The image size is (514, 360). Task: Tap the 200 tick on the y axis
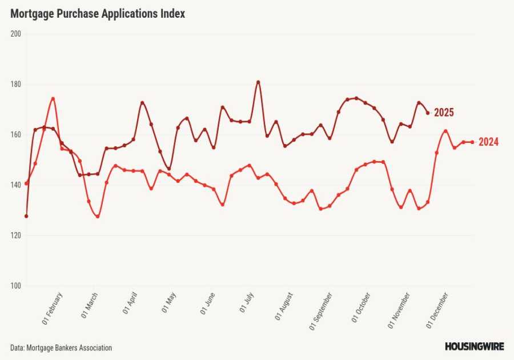click(x=15, y=34)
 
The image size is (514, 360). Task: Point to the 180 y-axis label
click(x=15, y=84)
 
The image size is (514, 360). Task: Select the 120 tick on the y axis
click(x=15, y=235)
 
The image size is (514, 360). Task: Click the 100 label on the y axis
click(x=15, y=286)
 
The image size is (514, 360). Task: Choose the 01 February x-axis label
click(x=53, y=309)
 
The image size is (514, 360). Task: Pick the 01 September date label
click(x=323, y=312)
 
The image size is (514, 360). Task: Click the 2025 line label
click(x=444, y=113)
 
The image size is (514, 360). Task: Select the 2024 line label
click(x=488, y=142)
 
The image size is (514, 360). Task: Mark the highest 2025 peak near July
click(x=258, y=82)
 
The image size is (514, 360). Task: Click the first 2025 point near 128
click(x=26, y=216)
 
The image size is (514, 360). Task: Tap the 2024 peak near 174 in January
click(x=53, y=98)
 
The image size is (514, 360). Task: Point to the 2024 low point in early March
click(x=98, y=217)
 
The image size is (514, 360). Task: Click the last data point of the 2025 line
click(x=428, y=113)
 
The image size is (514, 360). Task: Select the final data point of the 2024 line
click(x=472, y=142)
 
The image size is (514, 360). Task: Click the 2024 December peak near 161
click(x=445, y=131)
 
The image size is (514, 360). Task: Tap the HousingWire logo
click(x=474, y=346)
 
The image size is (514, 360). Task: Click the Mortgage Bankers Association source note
click(x=61, y=347)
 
